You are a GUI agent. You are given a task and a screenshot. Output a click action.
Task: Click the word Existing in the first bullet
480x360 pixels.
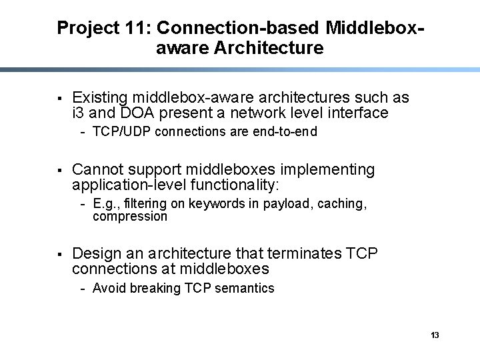coord(101,98)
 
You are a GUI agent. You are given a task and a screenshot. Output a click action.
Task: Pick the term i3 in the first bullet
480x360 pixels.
coord(79,113)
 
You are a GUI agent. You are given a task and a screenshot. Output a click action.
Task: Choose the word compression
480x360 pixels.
coord(130,217)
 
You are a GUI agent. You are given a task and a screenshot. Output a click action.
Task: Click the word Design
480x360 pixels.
coord(96,253)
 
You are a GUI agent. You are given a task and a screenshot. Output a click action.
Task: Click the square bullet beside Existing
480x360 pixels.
coord(59,99)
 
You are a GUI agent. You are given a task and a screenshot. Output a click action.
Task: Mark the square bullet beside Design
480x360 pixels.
coord(59,254)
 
